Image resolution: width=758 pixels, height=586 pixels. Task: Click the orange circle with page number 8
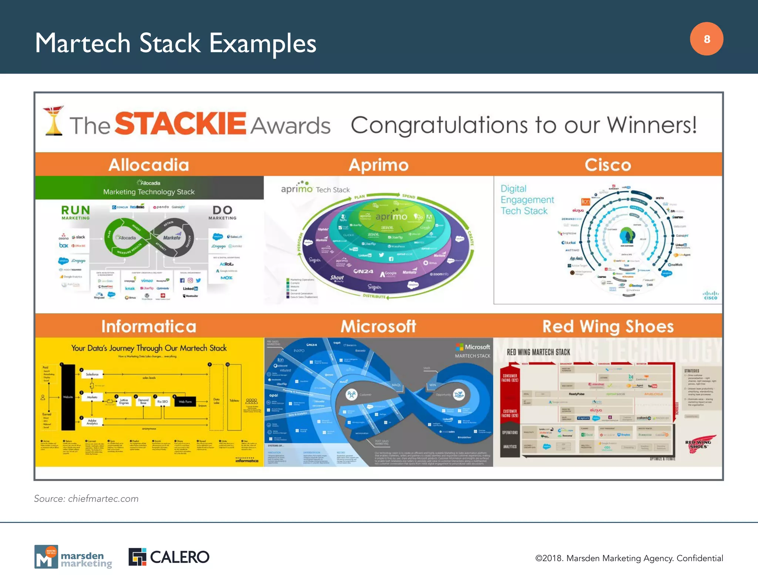tap(706, 39)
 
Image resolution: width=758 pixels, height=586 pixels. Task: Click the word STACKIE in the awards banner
tap(180, 124)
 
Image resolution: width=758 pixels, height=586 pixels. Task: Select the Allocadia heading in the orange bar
tap(149, 165)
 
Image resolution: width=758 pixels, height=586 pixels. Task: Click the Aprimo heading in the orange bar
tap(379, 165)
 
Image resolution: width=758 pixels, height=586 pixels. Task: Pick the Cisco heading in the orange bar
tap(608, 165)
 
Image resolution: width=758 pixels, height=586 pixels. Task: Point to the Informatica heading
tap(149, 326)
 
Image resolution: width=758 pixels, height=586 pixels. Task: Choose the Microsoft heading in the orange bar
tap(378, 326)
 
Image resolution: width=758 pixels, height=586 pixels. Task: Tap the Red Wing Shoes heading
tap(608, 326)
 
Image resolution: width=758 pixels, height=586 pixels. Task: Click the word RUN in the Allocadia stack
tap(76, 210)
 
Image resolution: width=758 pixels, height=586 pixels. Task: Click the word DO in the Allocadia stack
tap(222, 210)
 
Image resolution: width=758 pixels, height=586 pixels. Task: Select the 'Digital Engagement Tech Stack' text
tap(527, 200)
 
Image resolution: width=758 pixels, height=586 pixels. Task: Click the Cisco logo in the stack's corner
tap(710, 295)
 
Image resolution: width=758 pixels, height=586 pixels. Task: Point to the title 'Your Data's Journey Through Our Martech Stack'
tap(149, 348)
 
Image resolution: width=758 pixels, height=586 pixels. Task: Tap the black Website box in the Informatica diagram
tap(68, 397)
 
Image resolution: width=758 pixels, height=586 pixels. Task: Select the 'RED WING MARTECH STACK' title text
tap(538, 352)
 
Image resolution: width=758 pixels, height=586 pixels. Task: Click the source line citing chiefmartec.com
tap(86, 499)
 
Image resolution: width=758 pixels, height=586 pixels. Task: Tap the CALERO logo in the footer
tap(169, 557)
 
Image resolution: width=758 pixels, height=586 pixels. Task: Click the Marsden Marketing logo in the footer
tap(73, 557)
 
